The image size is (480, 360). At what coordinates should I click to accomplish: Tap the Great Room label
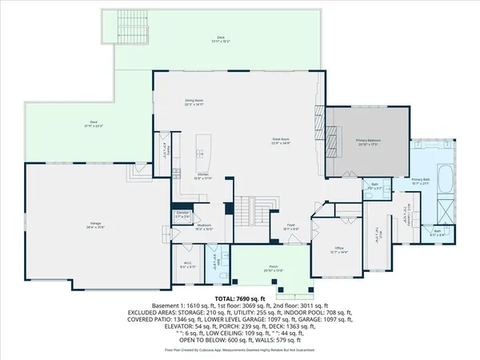coord(279,141)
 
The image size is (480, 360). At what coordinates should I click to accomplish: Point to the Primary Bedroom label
coord(368,142)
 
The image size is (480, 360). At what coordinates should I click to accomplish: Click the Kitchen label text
coord(203,176)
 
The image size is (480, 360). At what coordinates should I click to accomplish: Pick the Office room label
coord(339,252)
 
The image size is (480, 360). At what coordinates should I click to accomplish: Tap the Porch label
coord(273,270)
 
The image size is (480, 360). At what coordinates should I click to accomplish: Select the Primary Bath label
coord(421,181)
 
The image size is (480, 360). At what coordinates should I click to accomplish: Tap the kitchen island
coord(205,149)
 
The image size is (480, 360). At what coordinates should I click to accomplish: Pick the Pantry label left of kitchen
coord(166,151)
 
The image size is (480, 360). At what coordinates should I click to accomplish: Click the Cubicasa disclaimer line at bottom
coord(240,350)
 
